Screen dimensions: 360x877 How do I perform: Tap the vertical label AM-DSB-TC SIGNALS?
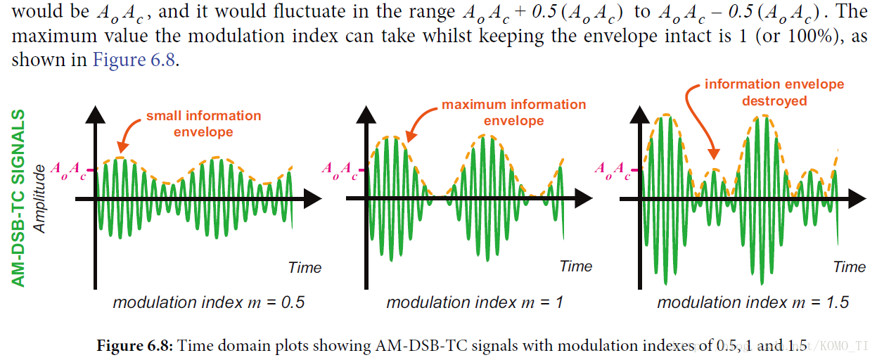(x=20, y=198)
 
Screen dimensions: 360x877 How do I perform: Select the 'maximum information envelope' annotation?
(x=513, y=112)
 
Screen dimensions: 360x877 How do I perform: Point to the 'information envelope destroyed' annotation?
(x=774, y=92)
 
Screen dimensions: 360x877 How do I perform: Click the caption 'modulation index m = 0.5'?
(x=209, y=303)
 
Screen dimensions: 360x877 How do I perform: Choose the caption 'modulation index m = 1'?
(x=475, y=303)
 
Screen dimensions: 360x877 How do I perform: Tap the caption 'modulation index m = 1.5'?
(x=753, y=303)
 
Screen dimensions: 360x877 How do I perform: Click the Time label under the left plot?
(x=305, y=267)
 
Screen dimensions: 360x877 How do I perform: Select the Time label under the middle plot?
(x=576, y=266)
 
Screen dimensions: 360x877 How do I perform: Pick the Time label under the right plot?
(x=849, y=267)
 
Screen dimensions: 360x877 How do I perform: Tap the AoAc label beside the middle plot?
(x=339, y=169)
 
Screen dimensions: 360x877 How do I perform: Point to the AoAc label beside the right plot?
(x=612, y=169)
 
